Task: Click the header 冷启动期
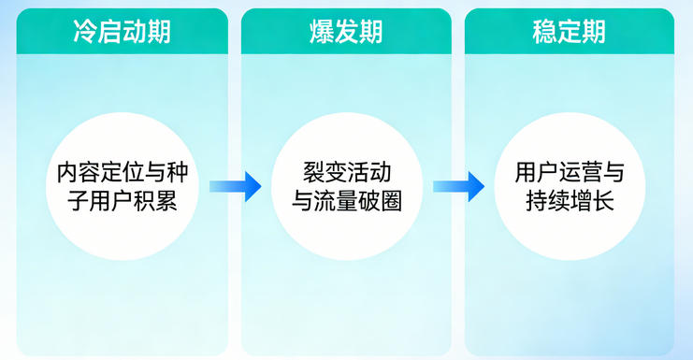[x=122, y=31]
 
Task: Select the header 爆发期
[x=345, y=31]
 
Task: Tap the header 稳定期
[x=569, y=31]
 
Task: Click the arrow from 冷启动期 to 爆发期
[x=235, y=186]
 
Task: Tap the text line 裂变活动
[x=346, y=172]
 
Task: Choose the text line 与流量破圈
[x=346, y=201]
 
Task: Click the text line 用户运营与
[x=569, y=172]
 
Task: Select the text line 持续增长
[x=569, y=201]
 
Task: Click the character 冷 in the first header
[x=85, y=31]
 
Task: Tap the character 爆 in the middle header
[x=321, y=31]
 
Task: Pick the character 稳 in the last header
[x=544, y=31]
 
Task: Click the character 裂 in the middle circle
[x=312, y=172]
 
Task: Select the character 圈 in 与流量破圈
[x=391, y=201]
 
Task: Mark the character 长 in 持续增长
[x=603, y=201]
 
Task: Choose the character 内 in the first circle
[x=68, y=172]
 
